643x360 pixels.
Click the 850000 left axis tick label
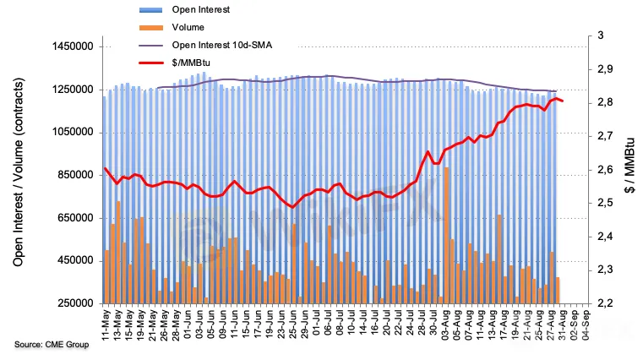pyautogui.click(x=72, y=175)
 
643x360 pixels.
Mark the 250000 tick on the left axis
pyautogui.click(x=72, y=303)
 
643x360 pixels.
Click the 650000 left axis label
pyautogui.click(x=72, y=218)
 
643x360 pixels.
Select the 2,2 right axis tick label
pyautogui.click(x=607, y=303)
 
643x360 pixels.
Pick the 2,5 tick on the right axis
pyautogui.click(x=607, y=203)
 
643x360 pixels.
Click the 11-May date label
pyautogui.click(x=106, y=324)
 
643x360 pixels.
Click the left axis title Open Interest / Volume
pyautogui.click(x=18, y=169)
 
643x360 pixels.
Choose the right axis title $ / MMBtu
pyautogui.click(x=629, y=169)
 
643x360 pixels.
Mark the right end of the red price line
pyautogui.click(x=563, y=101)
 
